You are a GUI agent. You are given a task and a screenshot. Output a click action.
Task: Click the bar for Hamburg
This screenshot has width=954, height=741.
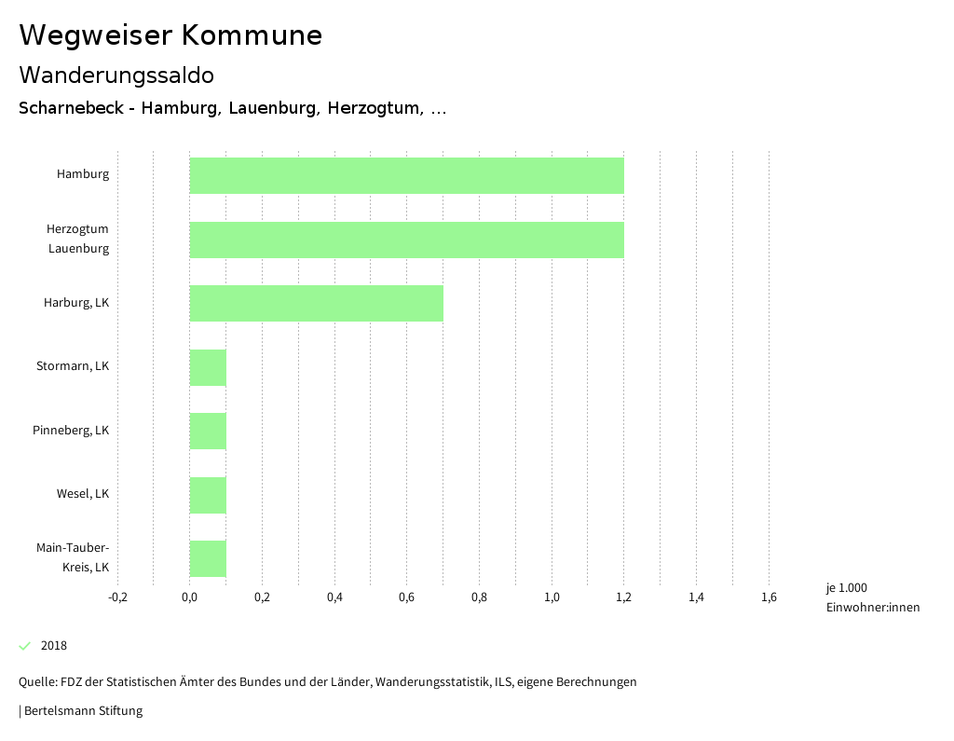[406, 175]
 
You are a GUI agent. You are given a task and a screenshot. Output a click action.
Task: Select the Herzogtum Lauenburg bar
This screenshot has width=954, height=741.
[406, 240]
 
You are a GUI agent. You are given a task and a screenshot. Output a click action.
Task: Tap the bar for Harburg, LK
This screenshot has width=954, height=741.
[316, 303]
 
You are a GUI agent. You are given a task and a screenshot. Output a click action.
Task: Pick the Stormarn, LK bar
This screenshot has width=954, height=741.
[208, 367]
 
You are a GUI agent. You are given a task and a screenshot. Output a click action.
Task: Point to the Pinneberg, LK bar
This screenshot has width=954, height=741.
[208, 431]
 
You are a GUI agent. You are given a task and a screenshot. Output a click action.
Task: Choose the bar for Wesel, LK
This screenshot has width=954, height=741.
[208, 495]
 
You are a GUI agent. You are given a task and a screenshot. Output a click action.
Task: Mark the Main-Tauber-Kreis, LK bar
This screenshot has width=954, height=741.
[208, 558]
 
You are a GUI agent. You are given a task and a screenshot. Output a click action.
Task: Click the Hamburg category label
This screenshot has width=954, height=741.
[83, 174]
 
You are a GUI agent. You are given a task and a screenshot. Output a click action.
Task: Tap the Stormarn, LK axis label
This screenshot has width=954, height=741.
[73, 366]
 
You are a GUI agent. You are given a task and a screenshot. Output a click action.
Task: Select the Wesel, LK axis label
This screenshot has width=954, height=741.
[83, 494]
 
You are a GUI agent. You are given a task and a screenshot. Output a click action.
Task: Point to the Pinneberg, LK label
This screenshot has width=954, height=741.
[71, 431]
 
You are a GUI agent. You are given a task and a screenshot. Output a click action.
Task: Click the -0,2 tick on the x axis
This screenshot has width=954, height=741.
[117, 597]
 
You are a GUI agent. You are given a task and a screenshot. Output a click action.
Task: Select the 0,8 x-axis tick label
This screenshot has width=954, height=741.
[479, 597]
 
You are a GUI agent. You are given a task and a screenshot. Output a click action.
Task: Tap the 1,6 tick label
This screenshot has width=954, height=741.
[769, 597]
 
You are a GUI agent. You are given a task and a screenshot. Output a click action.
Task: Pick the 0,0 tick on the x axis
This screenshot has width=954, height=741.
[189, 597]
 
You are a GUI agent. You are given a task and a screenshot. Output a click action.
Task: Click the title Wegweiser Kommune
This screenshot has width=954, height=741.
[170, 35]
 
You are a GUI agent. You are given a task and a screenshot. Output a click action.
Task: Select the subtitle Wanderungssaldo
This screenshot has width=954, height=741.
[116, 75]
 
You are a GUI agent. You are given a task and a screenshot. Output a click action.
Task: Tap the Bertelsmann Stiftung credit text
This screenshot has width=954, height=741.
[82, 711]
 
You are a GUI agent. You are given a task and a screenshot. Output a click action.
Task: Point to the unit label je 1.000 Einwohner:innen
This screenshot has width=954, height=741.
[872, 597]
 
